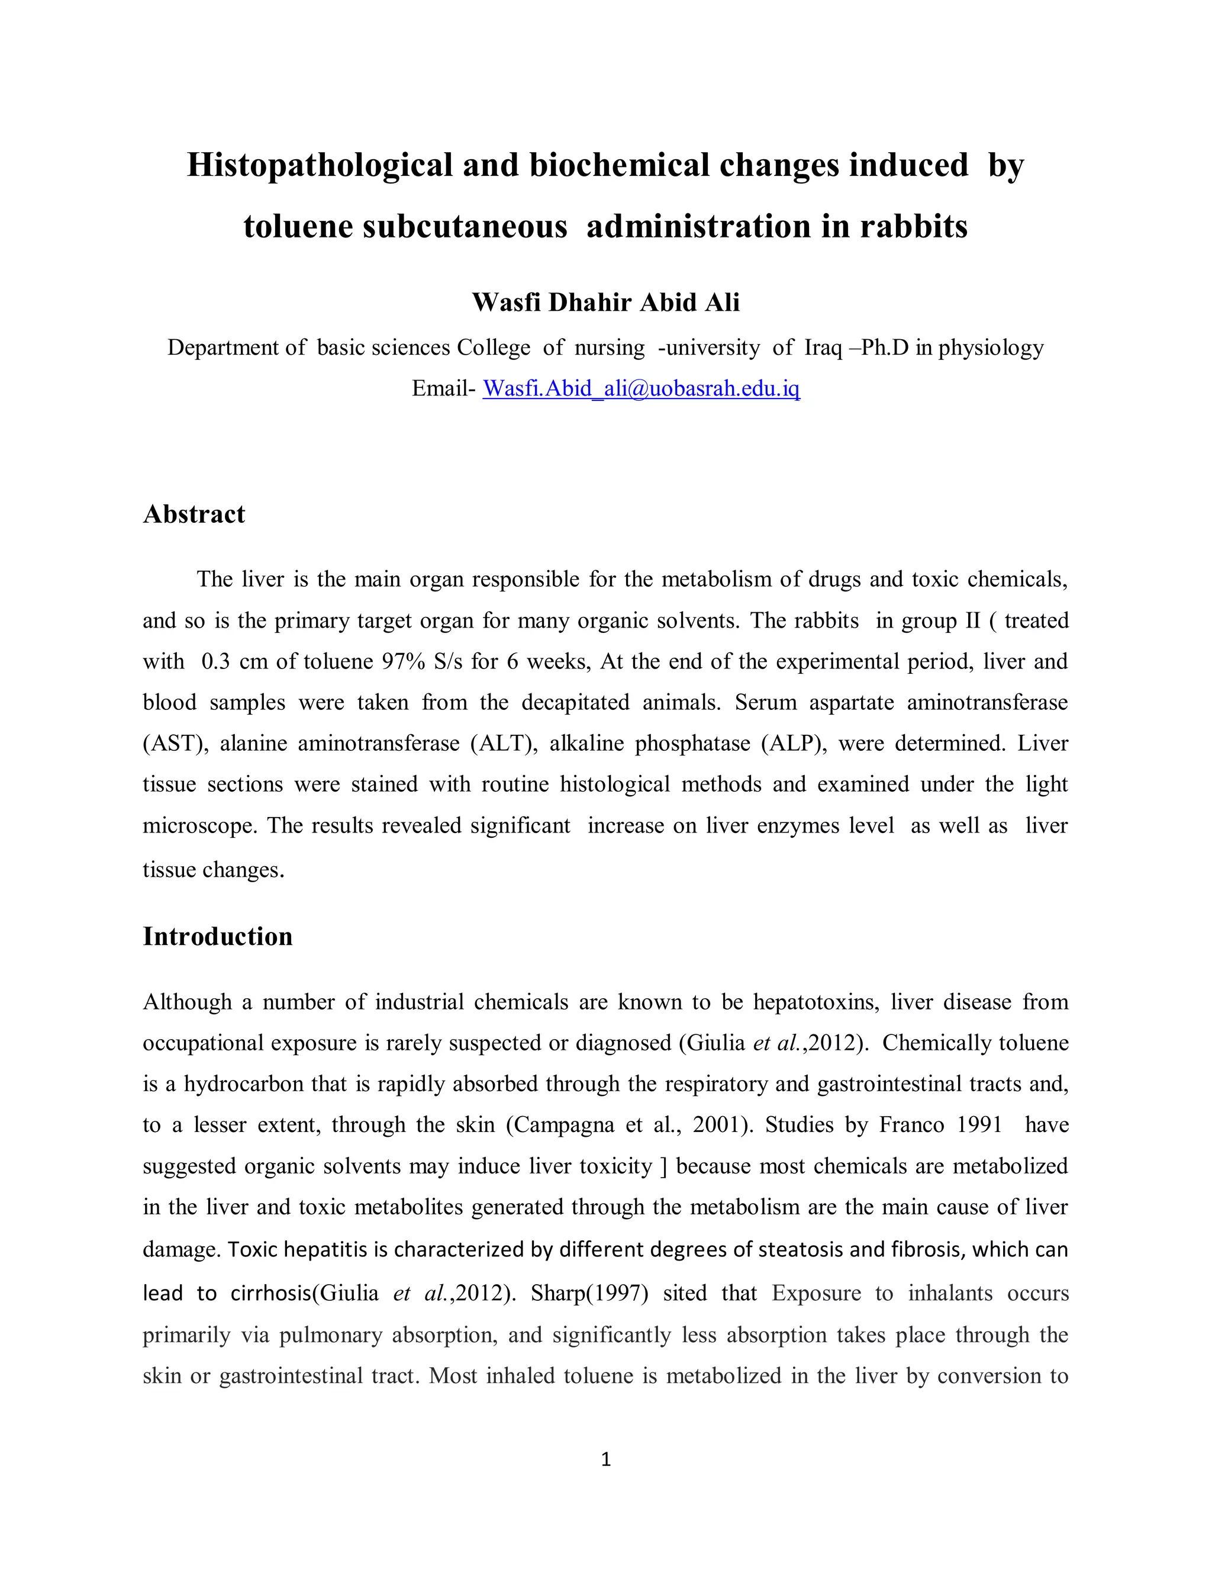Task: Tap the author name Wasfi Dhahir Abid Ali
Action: [605, 303]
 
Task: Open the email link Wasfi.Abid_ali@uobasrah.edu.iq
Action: [640, 388]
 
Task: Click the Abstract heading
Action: [194, 515]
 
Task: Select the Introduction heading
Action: [218, 937]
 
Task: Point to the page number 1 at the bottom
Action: [605, 1459]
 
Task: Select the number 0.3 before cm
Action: [215, 661]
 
